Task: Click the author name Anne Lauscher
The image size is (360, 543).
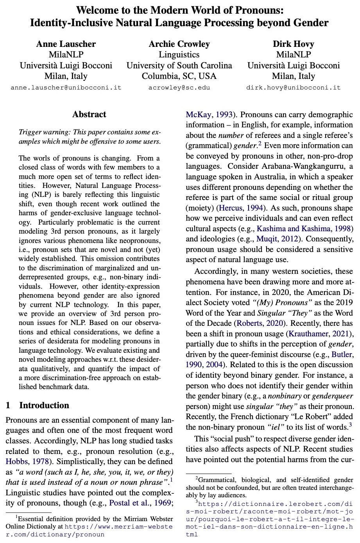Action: [x=66, y=44]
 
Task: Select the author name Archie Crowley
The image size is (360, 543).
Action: [x=179, y=44]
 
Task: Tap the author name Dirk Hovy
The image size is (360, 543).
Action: [x=293, y=44]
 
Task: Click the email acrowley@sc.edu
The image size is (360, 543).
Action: [x=179, y=88]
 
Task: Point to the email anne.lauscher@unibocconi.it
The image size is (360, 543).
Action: [x=66, y=88]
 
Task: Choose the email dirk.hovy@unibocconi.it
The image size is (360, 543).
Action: [x=293, y=88]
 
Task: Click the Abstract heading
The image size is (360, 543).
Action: [x=89, y=114]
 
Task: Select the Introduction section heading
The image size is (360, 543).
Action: [x=44, y=405]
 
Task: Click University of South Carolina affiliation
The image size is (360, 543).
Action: [x=179, y=66]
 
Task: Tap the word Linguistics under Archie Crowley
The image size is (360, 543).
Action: [x=179, y=55]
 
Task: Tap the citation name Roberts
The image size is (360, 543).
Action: [x=249, y=323]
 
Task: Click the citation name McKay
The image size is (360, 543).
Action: [x=198, y=115]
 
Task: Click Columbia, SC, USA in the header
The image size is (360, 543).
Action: [x=179, y=76]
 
